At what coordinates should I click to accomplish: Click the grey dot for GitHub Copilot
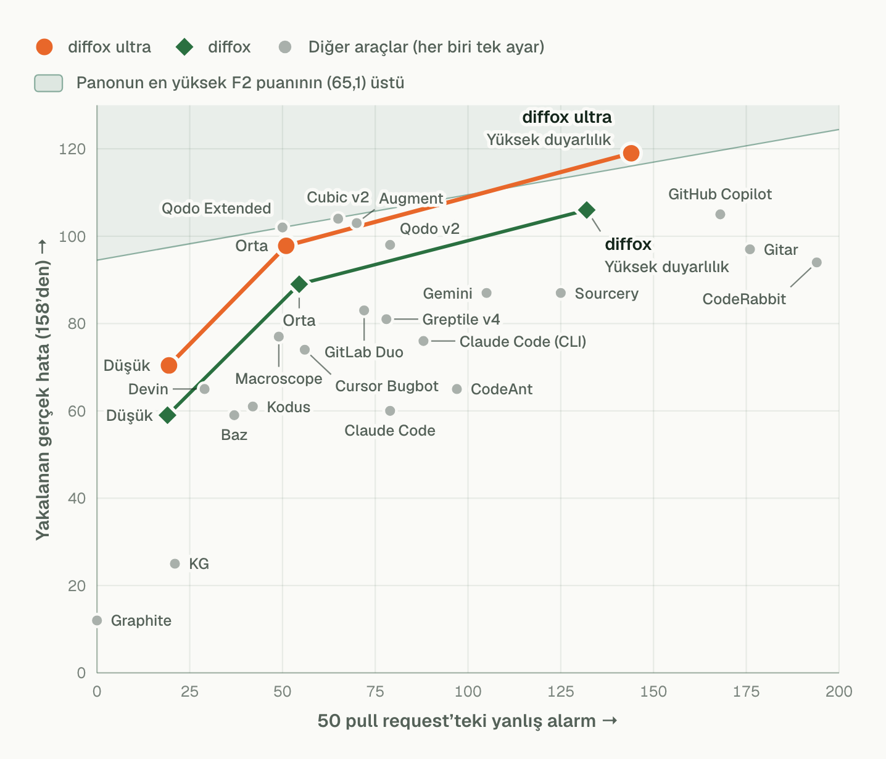point(720,214)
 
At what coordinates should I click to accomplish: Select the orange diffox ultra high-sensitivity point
point(631,153)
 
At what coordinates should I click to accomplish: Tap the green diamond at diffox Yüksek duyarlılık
point(587,210)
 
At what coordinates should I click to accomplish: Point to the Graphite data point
point(97,621)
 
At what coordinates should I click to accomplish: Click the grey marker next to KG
point(175,563)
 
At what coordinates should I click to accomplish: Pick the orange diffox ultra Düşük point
point(169,365)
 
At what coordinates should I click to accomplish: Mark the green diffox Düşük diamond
point(168,415)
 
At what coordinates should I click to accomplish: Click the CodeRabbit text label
point(744,299)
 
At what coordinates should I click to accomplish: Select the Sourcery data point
point(561,293)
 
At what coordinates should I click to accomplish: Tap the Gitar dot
point(750,249)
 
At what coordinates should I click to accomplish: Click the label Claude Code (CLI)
point(523,341)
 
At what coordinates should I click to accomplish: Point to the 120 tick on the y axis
point(72,149)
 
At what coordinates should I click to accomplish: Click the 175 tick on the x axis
point(746,692)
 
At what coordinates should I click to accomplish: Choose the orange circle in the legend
point(44,47)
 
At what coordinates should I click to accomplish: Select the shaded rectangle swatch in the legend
point(49,83)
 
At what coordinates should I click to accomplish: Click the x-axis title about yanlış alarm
point(467,721)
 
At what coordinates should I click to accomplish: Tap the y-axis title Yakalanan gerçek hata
point(43,389)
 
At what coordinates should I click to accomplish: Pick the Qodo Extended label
point(216,209)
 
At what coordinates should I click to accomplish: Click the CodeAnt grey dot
point(457,389)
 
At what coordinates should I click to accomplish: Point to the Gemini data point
point(487,293)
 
